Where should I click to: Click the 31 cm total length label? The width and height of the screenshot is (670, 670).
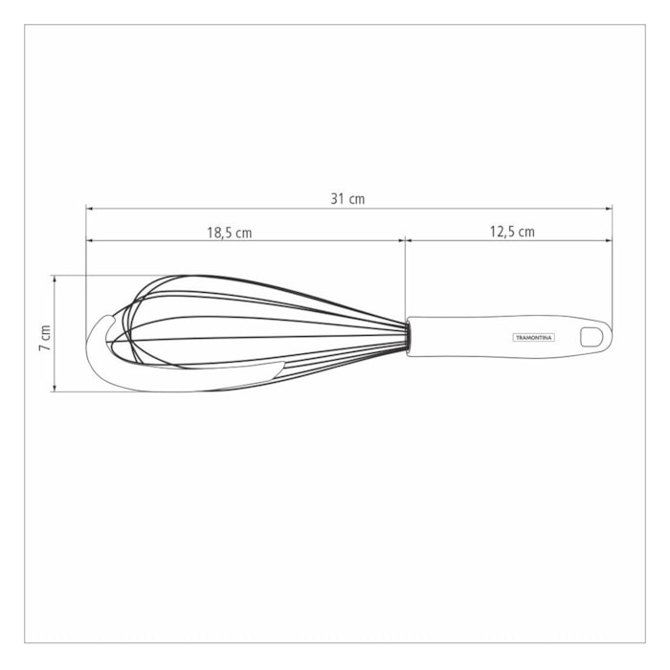tap(347, 199)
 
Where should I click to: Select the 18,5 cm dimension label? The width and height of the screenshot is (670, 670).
tap(230, 233)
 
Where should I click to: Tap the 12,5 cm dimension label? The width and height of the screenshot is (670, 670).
tap(512, 232)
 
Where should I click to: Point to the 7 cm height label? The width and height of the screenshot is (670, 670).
tap(45, 338)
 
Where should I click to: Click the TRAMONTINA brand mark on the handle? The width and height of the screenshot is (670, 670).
tap(533, 338)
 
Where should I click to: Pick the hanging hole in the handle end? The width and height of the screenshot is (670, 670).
tap(592, 337)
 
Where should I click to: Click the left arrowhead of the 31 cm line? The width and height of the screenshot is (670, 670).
tap(90, 209)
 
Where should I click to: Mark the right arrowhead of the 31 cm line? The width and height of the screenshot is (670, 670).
tap(609, 209)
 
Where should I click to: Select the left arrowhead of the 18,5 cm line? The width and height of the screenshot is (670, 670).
tap(90, 240)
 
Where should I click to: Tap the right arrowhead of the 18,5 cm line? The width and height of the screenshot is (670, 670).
tap(402, 240)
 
